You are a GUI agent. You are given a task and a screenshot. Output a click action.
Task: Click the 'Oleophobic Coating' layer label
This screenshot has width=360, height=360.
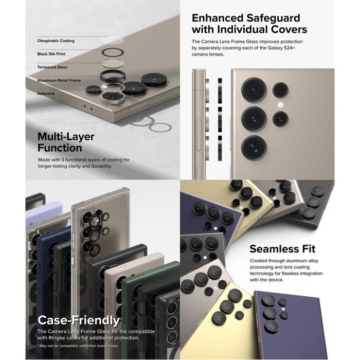tap(56, 41)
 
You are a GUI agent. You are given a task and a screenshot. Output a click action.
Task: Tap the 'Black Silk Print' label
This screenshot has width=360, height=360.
tap(51, 54)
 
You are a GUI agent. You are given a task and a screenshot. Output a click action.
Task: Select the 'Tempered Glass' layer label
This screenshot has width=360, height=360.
tap(52, 67)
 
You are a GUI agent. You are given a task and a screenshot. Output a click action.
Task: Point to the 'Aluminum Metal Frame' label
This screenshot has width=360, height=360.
tap(59, 80)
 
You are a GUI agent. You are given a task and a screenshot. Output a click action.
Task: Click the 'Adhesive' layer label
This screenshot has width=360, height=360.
tap(46, 94)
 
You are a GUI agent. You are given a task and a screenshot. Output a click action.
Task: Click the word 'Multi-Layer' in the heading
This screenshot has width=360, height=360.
tap(66, 137)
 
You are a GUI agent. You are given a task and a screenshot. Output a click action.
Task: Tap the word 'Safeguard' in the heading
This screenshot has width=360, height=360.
tap(273, 19)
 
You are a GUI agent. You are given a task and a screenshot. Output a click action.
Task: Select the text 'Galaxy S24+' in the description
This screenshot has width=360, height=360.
tap(281, 48)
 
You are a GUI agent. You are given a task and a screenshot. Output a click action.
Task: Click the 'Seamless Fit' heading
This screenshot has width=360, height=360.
tap(282, 249)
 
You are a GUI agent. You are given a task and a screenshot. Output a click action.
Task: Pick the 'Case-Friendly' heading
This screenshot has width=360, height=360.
tap(79, 320)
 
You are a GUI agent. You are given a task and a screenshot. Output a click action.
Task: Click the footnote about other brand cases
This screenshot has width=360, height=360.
tap(78, 346)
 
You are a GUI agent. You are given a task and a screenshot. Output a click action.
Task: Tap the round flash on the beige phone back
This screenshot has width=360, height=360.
tap(280, 105)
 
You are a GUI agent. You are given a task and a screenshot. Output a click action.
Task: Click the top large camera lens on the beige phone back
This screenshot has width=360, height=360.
tap(254, 89)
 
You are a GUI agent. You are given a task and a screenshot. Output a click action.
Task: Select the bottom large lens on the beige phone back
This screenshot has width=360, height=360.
tap(254, 147)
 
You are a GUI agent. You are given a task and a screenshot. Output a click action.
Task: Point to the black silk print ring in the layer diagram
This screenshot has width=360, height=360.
tap(113, 52)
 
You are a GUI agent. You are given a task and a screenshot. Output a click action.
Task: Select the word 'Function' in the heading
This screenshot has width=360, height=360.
tap(60, 148)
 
